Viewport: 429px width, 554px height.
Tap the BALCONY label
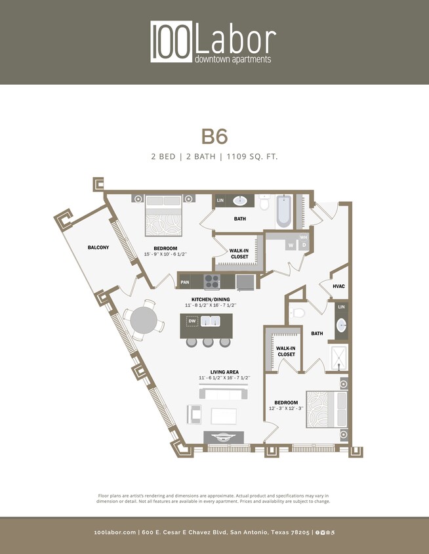98,247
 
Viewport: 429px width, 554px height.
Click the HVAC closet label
338,286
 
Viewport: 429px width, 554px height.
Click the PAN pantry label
185,282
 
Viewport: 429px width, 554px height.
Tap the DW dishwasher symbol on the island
192,321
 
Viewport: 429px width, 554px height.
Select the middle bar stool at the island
208,342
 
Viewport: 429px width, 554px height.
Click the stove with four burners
212,282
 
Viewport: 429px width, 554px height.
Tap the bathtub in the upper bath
283,210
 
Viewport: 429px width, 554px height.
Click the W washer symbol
289,245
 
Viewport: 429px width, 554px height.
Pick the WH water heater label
303,237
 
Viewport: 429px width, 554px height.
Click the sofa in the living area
223,393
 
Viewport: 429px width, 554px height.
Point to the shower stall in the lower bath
339,356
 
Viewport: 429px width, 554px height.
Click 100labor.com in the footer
115,532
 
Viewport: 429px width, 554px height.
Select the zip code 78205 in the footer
298,532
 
